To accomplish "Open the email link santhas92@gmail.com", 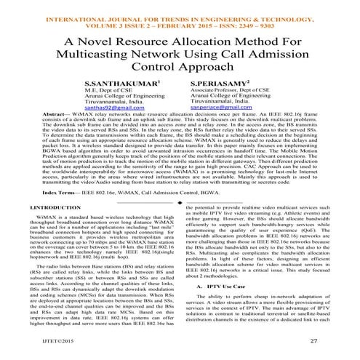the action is coord(115,108).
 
